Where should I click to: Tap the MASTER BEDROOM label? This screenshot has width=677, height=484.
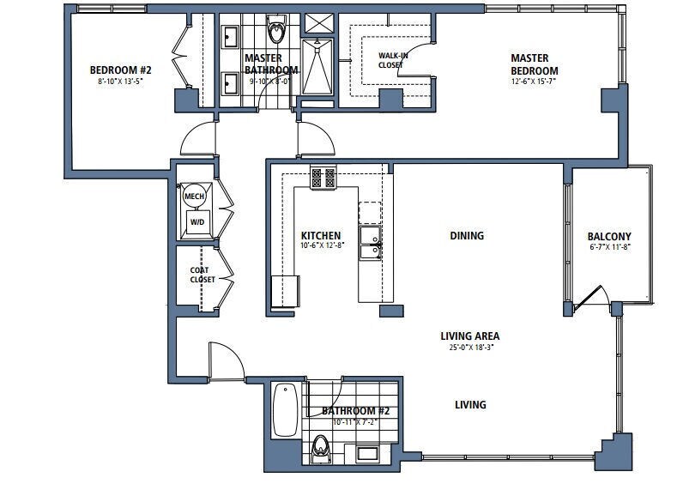(x=534, y=64)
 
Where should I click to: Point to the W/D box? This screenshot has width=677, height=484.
(x=196, y=221)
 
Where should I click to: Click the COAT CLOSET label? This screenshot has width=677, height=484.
(x=199, y=275)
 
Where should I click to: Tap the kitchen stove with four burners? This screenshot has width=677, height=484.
(x=323, y=178)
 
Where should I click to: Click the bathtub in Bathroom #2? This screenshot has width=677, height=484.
(x=287, y=411)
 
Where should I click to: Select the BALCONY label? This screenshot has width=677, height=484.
(x=609, y=237)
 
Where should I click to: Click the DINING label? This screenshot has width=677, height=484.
(x=466, y=235)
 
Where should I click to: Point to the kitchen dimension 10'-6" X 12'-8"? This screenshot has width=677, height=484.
(x=320, y=246)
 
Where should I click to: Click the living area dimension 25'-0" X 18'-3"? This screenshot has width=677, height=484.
(x=469, y=348)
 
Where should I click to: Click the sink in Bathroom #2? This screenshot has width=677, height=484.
(x=368, y=454)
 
